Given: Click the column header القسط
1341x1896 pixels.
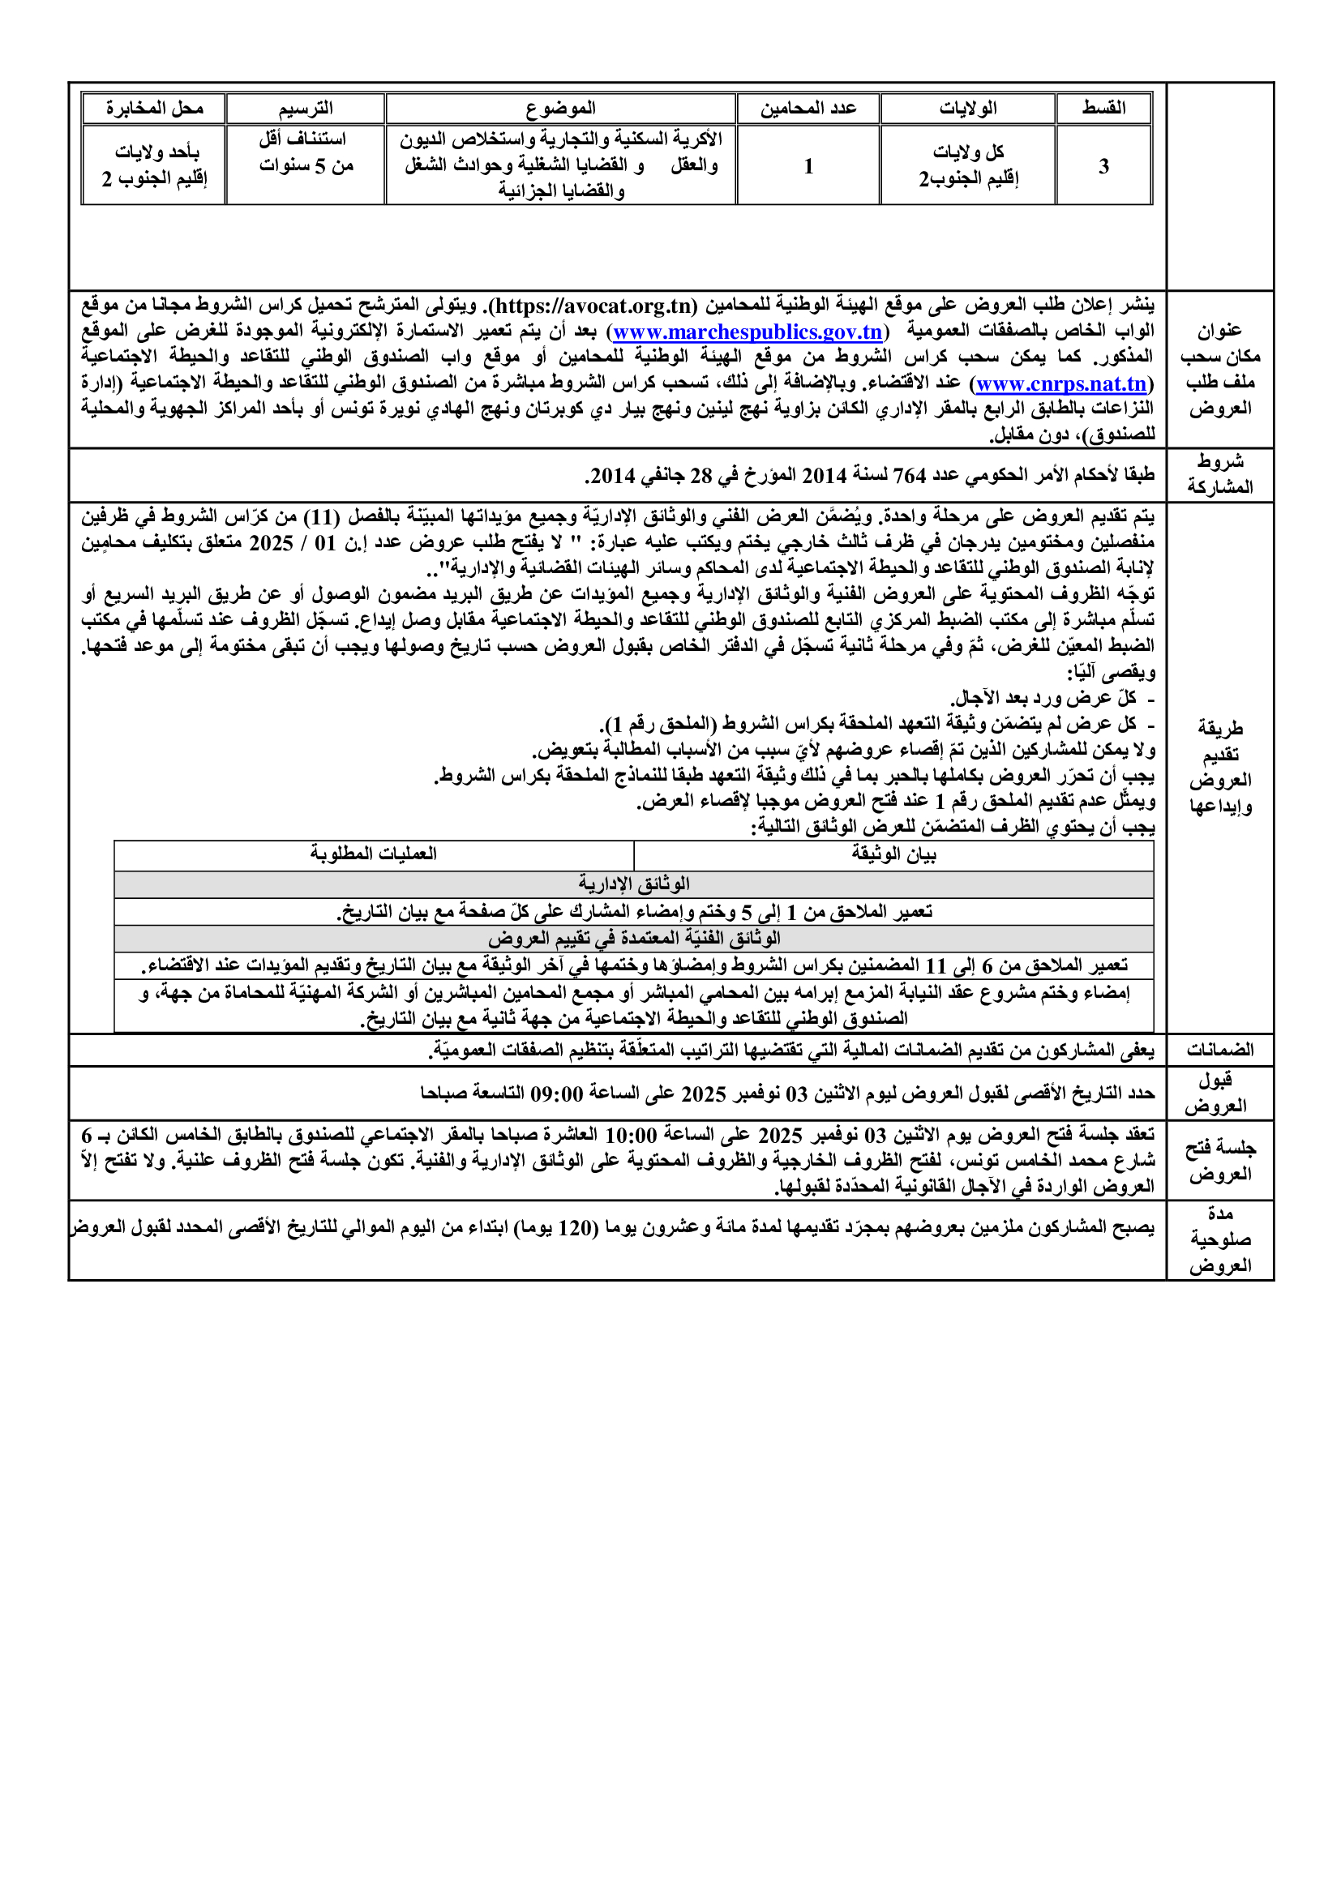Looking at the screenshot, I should (x=1103, y=108).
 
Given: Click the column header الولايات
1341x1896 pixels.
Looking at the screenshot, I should (x=968, y=108).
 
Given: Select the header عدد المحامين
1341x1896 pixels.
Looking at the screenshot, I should (x=808, y=108).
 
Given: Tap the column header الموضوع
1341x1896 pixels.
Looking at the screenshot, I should (x=561, y=108).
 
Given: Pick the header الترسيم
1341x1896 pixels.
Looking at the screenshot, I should (x=306, y=108).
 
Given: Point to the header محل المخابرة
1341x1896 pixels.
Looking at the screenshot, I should (x=153, y=108).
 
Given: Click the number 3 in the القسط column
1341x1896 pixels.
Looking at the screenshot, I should (x=1103, y=166).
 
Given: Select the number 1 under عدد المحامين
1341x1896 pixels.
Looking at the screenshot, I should (x=808, y=166).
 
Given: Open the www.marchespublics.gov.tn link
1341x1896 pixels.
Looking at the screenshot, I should (x=748, y=332).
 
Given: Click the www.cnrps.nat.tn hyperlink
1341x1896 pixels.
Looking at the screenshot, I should (x=1061, y=384).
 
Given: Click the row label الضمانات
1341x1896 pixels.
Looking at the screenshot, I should (x=1219, y=1050).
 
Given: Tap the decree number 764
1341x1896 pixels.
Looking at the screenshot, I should (x=909, y=476).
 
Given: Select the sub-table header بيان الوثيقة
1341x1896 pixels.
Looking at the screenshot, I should (x=893, y=854).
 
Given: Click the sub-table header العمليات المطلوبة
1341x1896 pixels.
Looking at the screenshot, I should (x=373, y=854).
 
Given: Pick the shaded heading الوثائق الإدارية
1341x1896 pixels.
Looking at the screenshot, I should (x=633, y=884).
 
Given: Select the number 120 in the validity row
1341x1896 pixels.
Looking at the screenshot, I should (x=575, y=1228).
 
